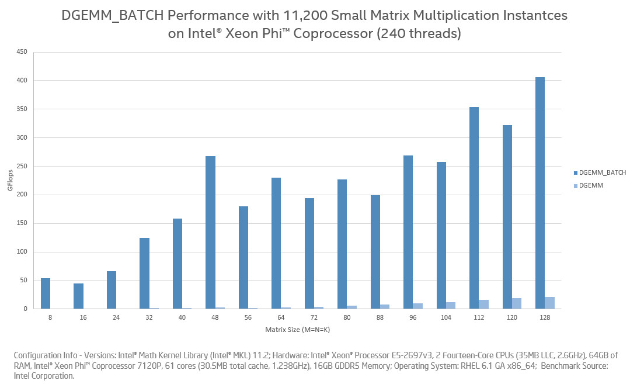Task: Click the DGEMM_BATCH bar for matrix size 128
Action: tap(539, 193)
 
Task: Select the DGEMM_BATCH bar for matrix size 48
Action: tap(210, 232)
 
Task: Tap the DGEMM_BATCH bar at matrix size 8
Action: tap(46, 293)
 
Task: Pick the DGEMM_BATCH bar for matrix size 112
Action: tap(474, 207)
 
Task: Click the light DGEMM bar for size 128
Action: tap(549, 303)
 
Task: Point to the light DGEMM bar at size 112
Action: tap(483, 304)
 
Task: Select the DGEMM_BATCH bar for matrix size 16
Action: tap(78, 296)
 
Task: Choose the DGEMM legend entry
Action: tap(591, 185)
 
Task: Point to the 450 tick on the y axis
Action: tap(22, 52)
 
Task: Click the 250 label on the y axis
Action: tap(22, 167)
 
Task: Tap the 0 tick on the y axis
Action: tap(25, 309)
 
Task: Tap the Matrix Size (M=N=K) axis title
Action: tap(298, 329)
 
